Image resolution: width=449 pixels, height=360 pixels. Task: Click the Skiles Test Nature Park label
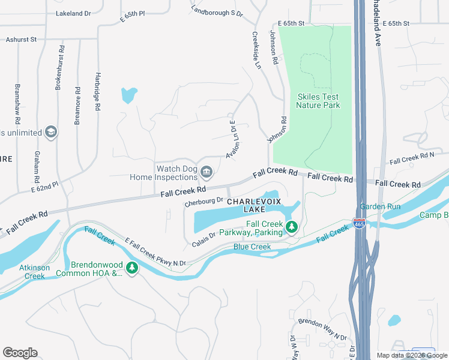pyautogui.click(x=318, y=101)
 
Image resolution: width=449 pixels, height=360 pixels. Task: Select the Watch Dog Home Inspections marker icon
pyautogui.click(x=206, y=173)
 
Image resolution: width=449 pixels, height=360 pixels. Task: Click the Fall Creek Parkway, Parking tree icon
pyautogui.click(x=291, y=226)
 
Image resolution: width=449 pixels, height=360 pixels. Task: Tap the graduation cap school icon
pyautogui.click(x=50, y=133)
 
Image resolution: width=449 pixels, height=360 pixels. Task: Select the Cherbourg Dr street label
pyautogui.click(x=204, y=202)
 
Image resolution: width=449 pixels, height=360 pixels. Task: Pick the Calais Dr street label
pyautogui.click(x=204, y=238)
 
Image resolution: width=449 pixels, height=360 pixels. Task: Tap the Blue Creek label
pyautogui.click(x=252, y=247)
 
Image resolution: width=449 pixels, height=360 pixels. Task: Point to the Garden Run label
pyautogui.click(x=388, y=206)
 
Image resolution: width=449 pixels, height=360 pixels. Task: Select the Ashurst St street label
pyautogui.click(x=22, y=39)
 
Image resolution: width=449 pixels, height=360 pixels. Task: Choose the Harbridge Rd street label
pyautogui.click(x=97, y=92)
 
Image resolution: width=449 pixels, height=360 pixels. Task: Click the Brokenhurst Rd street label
pyautogui.click(x=59, y=67)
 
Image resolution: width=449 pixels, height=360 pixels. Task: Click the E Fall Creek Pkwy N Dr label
pyautogui.click(x=155, y=251)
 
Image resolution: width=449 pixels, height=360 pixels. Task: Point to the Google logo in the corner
pyautogui.click(x=20, y=352)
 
